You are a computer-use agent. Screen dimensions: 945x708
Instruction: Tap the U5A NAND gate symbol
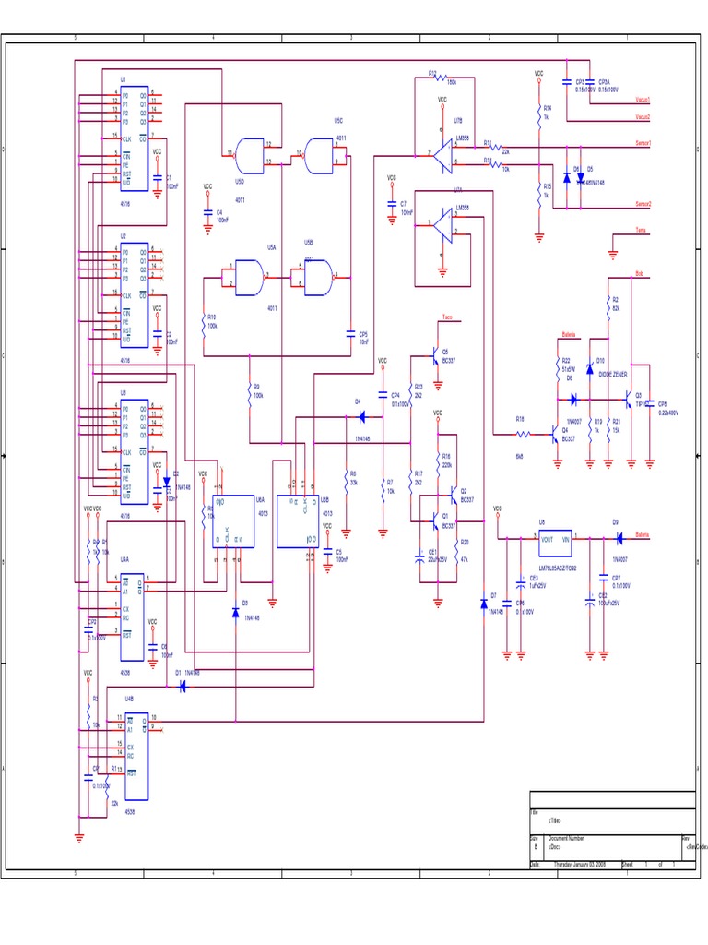pos(248,276)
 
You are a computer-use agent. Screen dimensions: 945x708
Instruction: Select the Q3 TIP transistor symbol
pos(631,400)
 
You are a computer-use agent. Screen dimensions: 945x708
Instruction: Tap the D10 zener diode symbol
pos(590,369)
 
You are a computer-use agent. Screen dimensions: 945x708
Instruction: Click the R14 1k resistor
pos(538,114)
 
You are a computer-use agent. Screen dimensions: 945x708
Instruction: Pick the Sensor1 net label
pos(643,144)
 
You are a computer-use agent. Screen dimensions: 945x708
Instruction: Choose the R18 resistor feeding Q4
pos(522,433)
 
